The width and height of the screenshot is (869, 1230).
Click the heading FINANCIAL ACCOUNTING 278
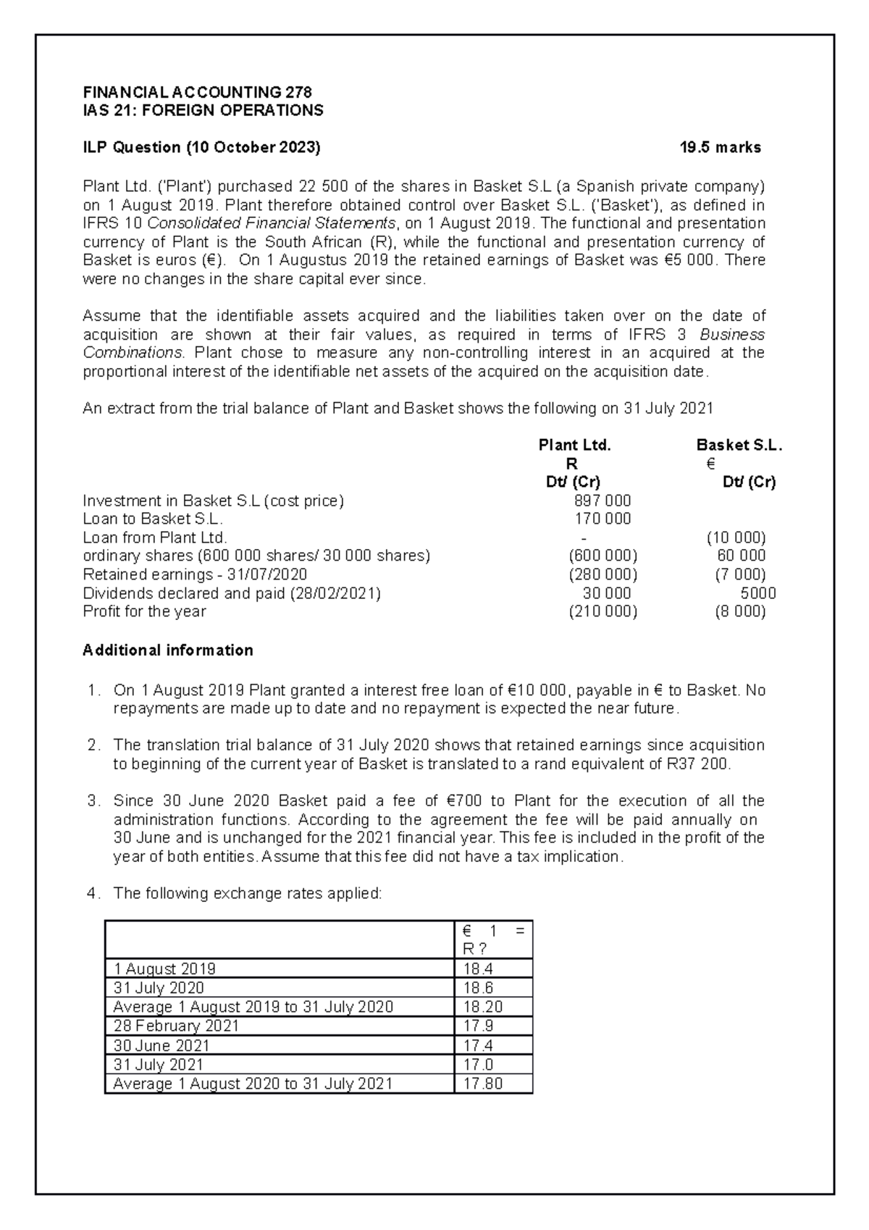coord(197,92)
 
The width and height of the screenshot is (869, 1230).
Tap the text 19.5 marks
coord(720,148)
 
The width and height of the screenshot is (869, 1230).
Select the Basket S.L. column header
coord(739,445)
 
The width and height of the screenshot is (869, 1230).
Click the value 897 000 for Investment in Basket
coord(602,501)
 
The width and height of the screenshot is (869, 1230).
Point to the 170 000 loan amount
coord(602,519)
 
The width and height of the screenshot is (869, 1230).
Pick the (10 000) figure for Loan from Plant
coord(736,537)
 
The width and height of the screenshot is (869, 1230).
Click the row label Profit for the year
coord(144,611)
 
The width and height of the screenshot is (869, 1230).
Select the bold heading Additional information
coord(168,650)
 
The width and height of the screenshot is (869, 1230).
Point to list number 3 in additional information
coord(92,801)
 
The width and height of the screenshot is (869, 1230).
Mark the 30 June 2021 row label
coord(161,1045)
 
